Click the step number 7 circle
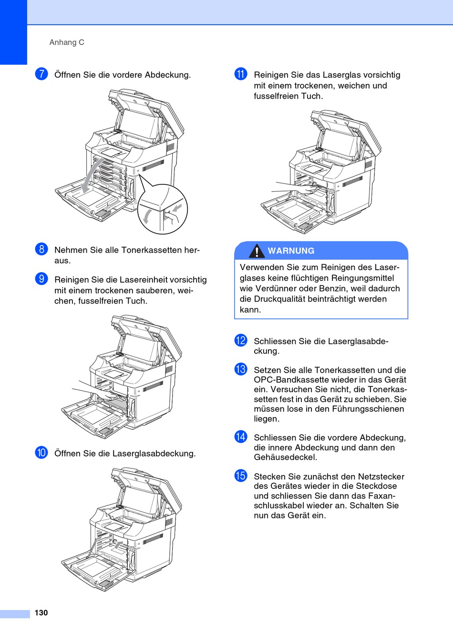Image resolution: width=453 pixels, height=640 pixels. [41, 74]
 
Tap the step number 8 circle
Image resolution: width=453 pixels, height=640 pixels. [41, 249]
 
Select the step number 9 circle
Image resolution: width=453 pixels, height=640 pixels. [41, 278]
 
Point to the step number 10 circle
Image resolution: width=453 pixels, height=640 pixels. [41, 452]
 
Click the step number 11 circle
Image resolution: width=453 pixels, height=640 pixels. [241, 74]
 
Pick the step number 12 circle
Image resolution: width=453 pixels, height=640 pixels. [241, 340]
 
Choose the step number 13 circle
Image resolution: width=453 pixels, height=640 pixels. [241, 369]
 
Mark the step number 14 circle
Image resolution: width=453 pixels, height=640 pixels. [241, 437]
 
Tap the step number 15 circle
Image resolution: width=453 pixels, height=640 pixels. [241, 476]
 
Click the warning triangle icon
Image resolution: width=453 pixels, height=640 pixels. [257, 251]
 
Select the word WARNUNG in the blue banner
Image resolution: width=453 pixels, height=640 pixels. [291, 251]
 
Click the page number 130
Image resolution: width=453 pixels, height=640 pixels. [41, 613]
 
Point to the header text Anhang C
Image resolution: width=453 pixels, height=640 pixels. [67, 42]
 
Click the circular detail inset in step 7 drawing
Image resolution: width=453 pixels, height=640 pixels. [163, 210]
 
